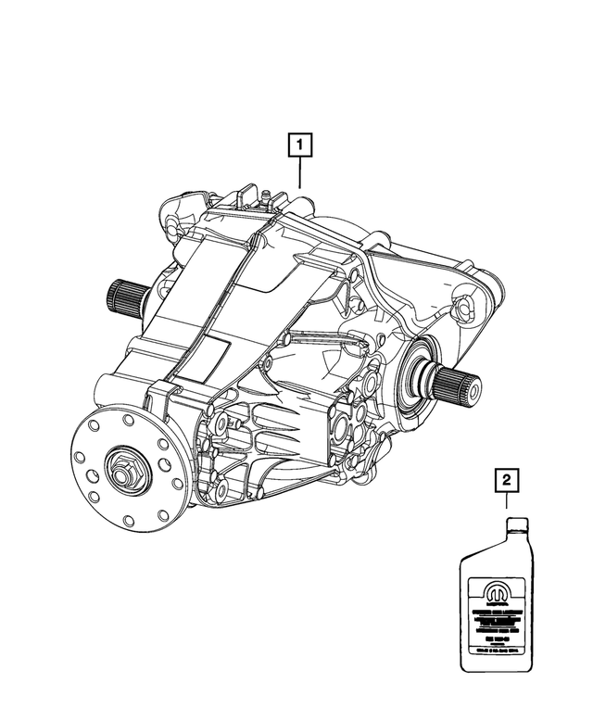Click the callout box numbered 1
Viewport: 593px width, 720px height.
pyautogui.click(x=300, y=145)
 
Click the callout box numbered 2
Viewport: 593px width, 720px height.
pyautogui.click(x=506, y=480)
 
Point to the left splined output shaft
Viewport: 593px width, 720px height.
pyautogui.click(x=124, y=297)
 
